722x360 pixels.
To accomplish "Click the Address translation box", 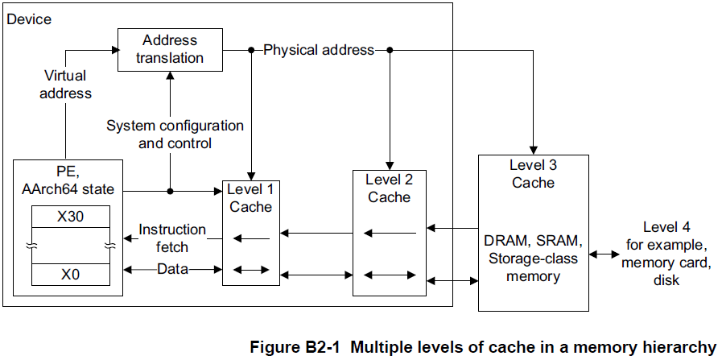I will click(x=169, y=49).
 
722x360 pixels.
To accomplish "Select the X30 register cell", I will click(x=70, y=217).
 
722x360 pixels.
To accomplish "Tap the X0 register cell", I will click(x=70, y=274).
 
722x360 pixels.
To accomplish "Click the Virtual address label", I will click(x=67, y=85).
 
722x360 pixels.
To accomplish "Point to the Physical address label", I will click(x=319, y=50).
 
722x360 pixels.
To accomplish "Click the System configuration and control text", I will click(x=175, y=134).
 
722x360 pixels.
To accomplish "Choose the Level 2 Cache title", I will click(x=389, y=188).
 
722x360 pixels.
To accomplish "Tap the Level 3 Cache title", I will click(x=533, y=173).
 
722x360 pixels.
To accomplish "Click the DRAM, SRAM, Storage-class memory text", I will click(x=532, y=258).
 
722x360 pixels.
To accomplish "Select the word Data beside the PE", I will click(x=172, y=269).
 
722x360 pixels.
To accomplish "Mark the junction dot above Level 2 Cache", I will click(x=390, y=50).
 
